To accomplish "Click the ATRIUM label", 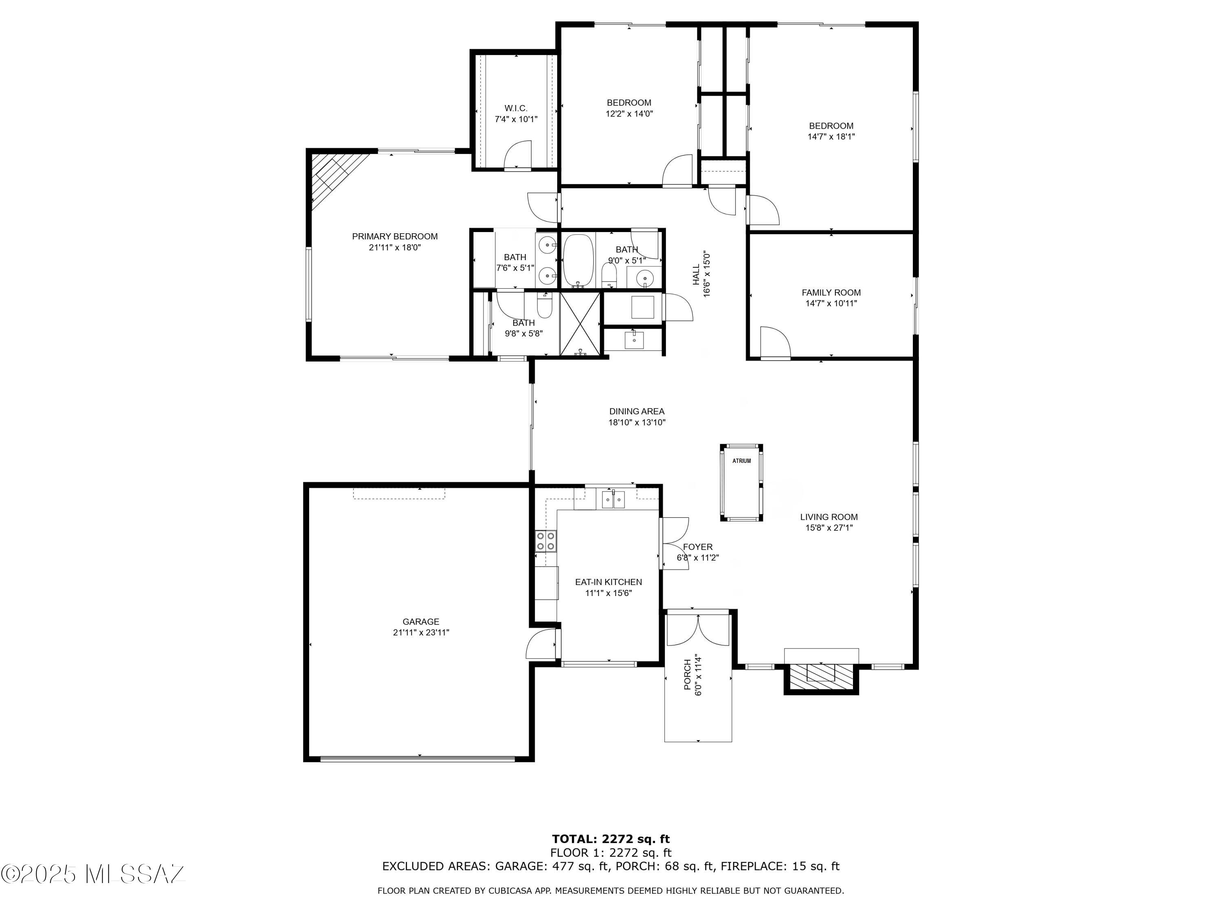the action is click(x=741, y=461).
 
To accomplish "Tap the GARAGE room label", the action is click(x=421, y=622).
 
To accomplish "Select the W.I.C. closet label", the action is click(x=516, y=108).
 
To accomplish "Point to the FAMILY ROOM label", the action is click(x=831, y=293).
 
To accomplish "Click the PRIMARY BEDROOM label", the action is click(x=395, y=236).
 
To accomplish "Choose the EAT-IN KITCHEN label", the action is click(x=608, y=582).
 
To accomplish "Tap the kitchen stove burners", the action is click(x=546, y=541).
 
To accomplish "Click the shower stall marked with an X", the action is click(x=580, y=324).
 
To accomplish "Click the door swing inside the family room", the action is click(x=776, y=342).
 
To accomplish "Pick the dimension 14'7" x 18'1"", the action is click(x=831, y=136).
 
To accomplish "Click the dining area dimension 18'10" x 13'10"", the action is click(x=637, y=423).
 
